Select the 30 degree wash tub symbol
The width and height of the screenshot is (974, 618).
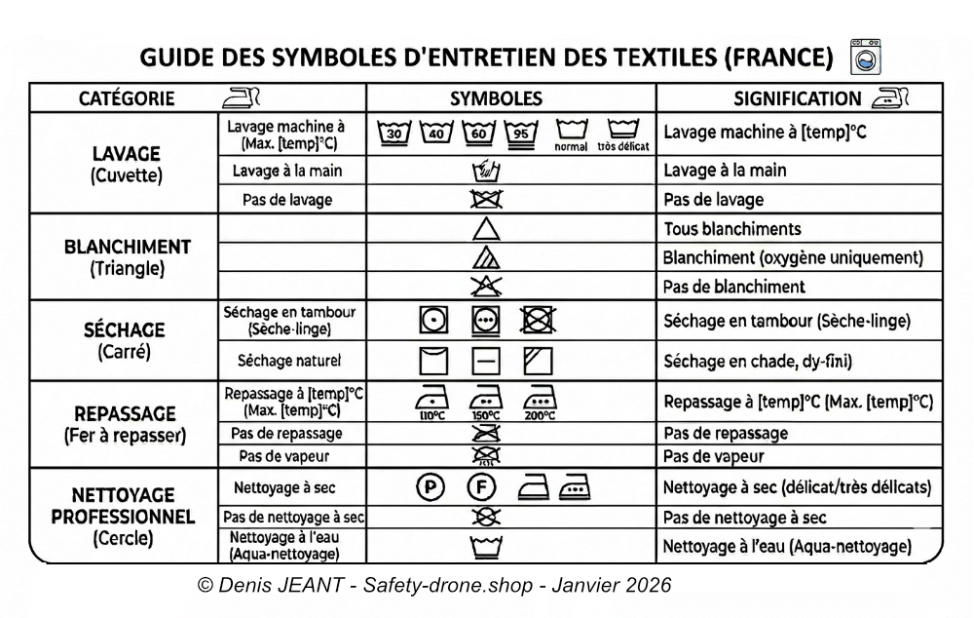(393, 133)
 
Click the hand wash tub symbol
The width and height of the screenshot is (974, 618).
(486, 172)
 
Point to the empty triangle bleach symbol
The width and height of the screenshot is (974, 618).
(486, 229)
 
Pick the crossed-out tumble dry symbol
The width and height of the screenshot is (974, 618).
(538, 320)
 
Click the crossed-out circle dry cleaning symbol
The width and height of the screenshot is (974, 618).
(486, 517)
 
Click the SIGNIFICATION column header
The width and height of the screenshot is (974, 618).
(797, 98)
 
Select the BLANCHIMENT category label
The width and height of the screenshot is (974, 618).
(127, 248)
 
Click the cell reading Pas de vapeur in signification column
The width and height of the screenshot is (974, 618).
(713, 456)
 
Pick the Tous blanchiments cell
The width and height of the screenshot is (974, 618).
(731, 229)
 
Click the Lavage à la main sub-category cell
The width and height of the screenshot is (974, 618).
(287, 172)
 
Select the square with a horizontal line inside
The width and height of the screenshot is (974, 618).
(486, 361)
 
